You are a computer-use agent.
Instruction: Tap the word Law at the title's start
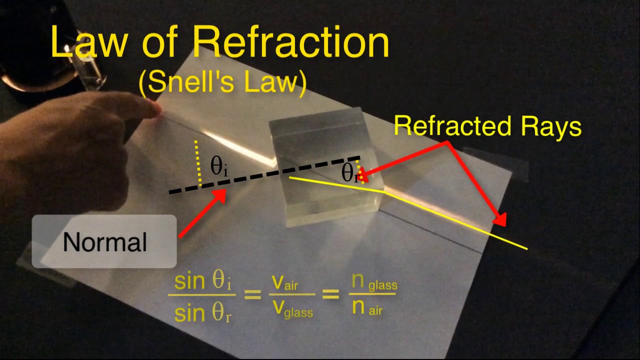[x=89, y=42]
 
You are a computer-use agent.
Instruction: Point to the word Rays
[x=551, y=127]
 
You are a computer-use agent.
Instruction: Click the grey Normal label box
[x=104, y=241]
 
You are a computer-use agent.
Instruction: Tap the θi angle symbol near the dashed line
[x=219, y=167]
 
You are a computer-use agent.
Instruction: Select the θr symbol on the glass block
[x=349, y=173]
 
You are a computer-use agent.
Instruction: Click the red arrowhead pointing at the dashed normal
[x=219, y=195]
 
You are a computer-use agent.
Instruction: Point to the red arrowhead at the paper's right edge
[x=499, y=219]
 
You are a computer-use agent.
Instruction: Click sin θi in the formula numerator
[x=202, y=281]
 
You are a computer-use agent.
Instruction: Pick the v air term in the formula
[x=285, y=283]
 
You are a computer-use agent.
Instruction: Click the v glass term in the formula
[x=293, y=309]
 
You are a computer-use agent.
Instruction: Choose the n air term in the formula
[x=367, y=308]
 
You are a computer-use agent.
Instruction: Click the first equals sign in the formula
[x=252, y=294]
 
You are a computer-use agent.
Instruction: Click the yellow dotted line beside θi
[x=198, y=163]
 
